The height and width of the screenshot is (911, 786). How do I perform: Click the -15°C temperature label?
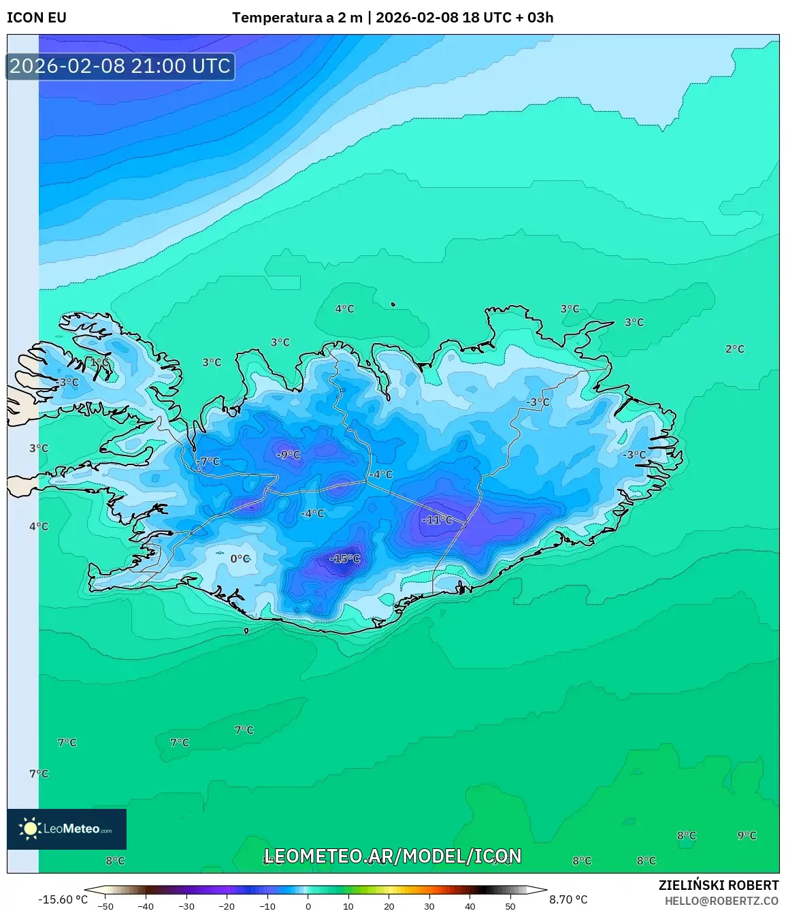(x=345, y=559)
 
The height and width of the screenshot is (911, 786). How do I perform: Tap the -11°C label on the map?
(x=437, y=520)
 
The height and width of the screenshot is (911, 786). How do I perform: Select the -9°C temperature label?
(x=288, y=455)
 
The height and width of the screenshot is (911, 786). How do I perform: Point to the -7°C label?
(x=209, y=462)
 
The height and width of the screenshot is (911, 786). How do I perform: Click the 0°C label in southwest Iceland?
(x=240, y=559)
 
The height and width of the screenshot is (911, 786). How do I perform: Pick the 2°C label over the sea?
(x=734, y=349)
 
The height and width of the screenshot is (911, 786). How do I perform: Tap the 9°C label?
(x=747, y=835)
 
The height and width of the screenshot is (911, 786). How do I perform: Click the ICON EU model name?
(x=37, y=18)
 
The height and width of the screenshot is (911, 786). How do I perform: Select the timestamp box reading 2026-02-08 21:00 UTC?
(x=120, y=66)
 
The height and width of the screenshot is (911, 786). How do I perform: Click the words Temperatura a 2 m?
(x=297, y=18)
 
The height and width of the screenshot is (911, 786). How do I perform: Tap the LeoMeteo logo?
(x=67, y=829)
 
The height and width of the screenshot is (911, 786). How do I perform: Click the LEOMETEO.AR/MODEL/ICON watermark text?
(x=393, y=856)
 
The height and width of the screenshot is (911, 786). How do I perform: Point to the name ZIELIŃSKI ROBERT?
(x=718, y=885)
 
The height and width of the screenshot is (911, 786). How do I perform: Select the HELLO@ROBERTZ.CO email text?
(x=721, y=901)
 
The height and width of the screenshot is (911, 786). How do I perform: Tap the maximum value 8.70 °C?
(x=568, y=899)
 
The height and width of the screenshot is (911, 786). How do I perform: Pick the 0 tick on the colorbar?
(x=308, y=906)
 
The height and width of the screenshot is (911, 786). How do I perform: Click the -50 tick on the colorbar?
(x=105, y=906)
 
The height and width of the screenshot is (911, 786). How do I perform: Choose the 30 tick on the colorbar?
(x=429, y=906)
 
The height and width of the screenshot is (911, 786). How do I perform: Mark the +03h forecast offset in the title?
(x=540, y=18)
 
